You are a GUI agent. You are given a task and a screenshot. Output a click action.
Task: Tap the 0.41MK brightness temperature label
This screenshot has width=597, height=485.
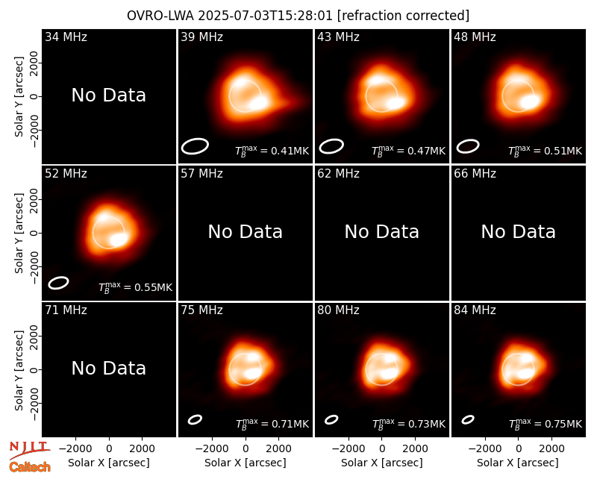coord(272,151)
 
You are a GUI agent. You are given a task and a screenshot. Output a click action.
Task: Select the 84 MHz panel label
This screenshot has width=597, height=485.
coord(475,310)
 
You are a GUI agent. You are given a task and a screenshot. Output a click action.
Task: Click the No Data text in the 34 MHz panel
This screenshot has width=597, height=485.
coord(108,96)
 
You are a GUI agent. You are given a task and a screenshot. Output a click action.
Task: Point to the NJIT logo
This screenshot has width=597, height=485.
coord(29,450)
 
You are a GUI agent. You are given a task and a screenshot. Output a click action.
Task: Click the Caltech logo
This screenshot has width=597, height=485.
coord(30,467)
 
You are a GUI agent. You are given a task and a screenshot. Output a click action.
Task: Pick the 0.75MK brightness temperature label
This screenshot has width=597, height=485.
coord(546,423)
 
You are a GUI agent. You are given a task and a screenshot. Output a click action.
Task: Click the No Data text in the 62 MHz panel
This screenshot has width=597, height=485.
coord(381,231)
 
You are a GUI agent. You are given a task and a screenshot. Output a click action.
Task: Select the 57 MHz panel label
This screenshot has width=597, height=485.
coord(201,173)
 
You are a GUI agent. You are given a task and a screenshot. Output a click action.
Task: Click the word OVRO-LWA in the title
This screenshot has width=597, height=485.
coord(160,16)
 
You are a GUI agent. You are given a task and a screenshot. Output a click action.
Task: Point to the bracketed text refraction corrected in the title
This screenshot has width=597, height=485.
coord(404,16)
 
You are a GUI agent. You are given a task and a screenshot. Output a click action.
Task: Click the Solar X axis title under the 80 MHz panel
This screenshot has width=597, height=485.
coord(381,463)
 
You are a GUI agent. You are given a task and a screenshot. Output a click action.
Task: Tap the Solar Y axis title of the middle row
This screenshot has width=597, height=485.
coord(19,233)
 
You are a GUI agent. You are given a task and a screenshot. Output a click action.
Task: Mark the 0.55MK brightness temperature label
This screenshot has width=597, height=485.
coord(135,287)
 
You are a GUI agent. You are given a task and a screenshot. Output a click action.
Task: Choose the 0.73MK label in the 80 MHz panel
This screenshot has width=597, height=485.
coord(408,423)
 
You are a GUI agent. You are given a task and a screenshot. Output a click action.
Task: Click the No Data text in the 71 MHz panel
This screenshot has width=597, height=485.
coord(108,368)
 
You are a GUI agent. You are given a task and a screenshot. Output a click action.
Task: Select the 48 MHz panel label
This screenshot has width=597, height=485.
coord(475,37)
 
